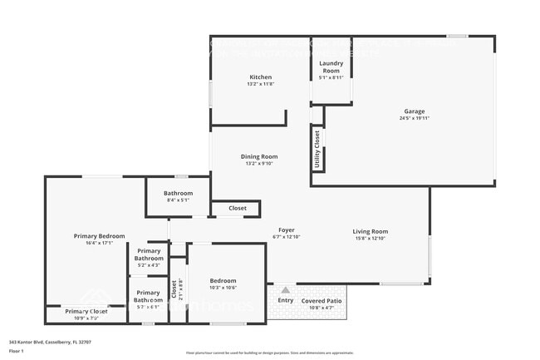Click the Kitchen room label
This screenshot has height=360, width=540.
[x=259, y=76]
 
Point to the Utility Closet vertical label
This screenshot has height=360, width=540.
[x=317, y=150]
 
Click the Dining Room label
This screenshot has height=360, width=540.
[x=259, y=156]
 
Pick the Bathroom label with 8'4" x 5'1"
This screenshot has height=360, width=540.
[x=178, y=192]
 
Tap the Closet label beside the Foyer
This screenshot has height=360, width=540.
[x=238, y=209]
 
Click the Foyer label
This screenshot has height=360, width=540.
[x=286, y=230]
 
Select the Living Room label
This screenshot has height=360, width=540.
[x=370, y=232]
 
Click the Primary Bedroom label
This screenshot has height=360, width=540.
[x=99, y=236]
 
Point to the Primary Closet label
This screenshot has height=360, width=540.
[x=87, y=311]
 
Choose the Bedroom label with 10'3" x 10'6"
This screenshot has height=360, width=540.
[x=223, y=280]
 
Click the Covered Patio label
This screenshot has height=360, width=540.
[x=321, y=300]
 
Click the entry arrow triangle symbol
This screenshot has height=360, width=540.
[x=285, y=290]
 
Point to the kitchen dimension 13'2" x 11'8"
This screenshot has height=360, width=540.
[x=259, y=84]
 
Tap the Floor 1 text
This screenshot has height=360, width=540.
[x=16, y=351]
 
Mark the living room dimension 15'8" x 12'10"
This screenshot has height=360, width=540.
[x=370, y=239]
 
